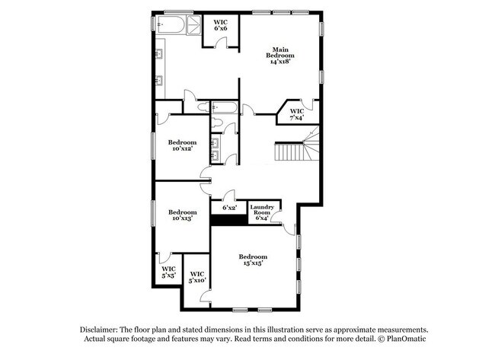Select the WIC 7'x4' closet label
click(296, 114)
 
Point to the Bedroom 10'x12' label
click(183, 145)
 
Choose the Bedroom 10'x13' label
click(183, 215)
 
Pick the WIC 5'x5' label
click(168, 272)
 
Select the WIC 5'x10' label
click(196, 277)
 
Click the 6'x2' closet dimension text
click(229, 207)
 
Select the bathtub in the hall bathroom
click(225, 107)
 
